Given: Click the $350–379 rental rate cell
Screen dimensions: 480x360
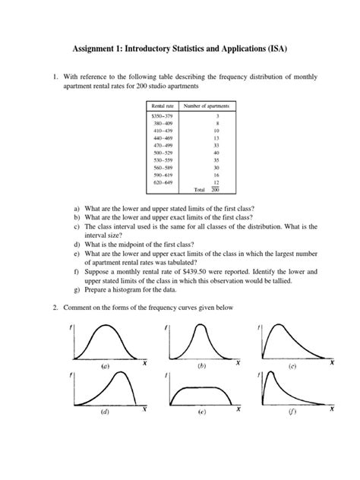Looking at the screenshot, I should (x=162, y=115).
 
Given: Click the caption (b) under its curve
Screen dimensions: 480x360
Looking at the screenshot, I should (x=201, y=365).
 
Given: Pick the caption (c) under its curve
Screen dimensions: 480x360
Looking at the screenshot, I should (x=292, y=365).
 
